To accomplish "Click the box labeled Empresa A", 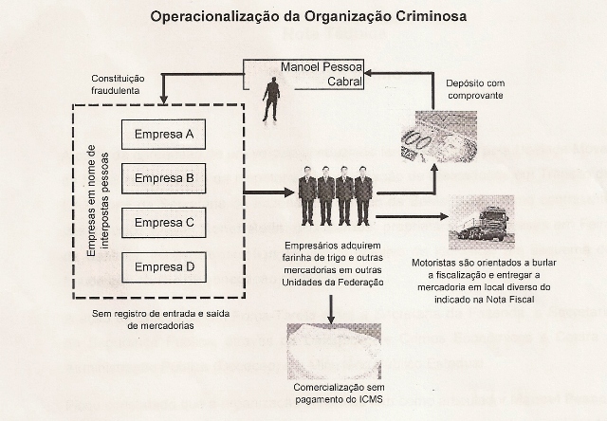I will coord(164,135).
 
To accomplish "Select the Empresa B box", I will coord(164,178).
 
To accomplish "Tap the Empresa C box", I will coord(164,223).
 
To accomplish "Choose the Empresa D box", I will coord(164,266).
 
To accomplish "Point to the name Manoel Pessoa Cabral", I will coord(320,74).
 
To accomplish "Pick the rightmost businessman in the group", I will coord(363,195).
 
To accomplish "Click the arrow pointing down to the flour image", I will coord(329,308).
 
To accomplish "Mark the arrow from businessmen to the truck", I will coord(413,216).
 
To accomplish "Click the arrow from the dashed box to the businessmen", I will coord(269,192).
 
